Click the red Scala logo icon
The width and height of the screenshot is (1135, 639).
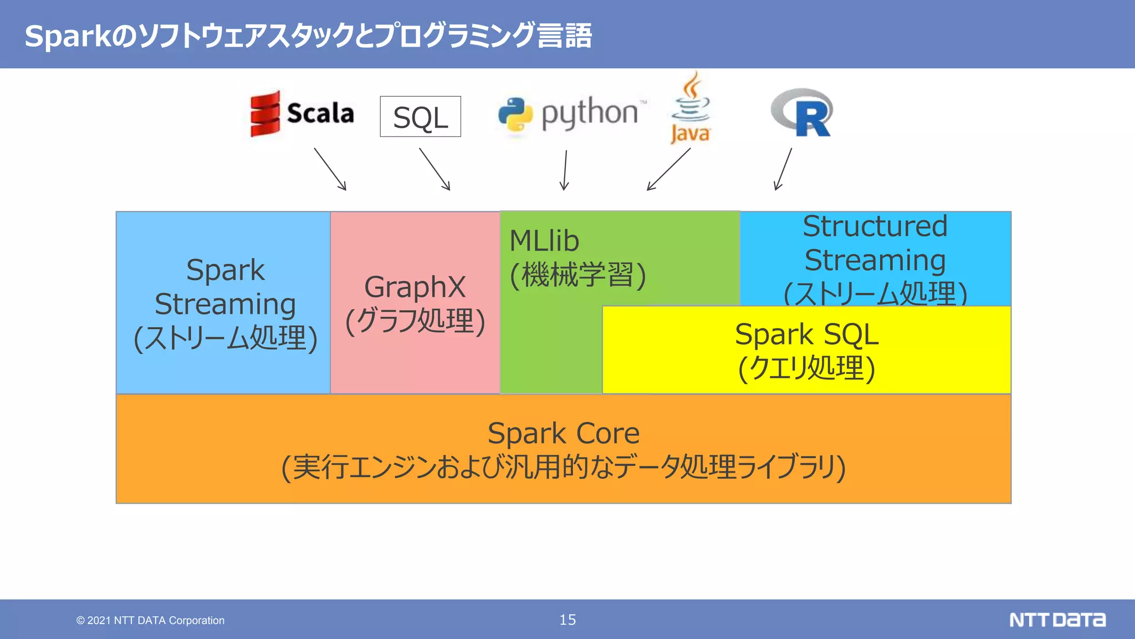(265, 114)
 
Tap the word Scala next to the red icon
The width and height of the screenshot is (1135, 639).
(320, 114)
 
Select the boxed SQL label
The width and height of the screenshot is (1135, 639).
(420, 116)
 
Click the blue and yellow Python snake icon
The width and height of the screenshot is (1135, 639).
(515, 115)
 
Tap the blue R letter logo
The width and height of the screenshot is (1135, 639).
(802, 113)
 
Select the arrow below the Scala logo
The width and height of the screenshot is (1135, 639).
(330, 169)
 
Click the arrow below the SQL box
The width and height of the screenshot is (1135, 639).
(434, 169)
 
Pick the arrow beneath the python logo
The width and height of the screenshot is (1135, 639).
(565, 170)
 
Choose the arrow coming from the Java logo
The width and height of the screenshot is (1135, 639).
(668, 169)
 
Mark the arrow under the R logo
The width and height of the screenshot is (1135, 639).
(783, 169)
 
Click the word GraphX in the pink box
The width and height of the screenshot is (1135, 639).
(415, 287)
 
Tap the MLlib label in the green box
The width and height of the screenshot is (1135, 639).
(544, 241)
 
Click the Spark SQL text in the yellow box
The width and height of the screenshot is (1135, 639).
(806, 334)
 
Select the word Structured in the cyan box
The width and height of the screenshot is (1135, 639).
(875, 226)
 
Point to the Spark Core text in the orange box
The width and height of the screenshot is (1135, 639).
(564, 433)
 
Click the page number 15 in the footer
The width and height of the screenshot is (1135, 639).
(567, 620)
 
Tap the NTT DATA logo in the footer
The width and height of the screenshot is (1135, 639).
(1057, 620)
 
